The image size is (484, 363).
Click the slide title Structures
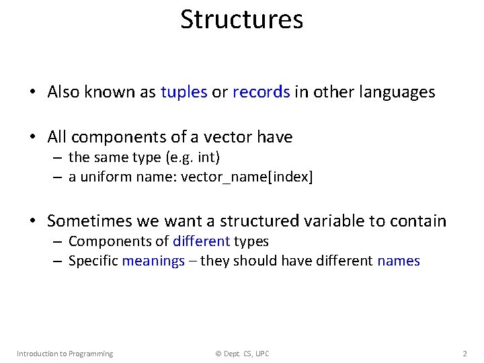pos(241,20)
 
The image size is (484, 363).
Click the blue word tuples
pos(184,92)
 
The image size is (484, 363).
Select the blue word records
pos(261,92)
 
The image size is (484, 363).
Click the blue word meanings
pos(153,261)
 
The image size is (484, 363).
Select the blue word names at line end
pos(399,261)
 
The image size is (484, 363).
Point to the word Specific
pos(93,261)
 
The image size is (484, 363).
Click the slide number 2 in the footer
pos(465,354)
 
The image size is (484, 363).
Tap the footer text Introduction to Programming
pos(65,354)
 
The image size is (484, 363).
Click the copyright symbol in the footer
pos(218,354)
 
